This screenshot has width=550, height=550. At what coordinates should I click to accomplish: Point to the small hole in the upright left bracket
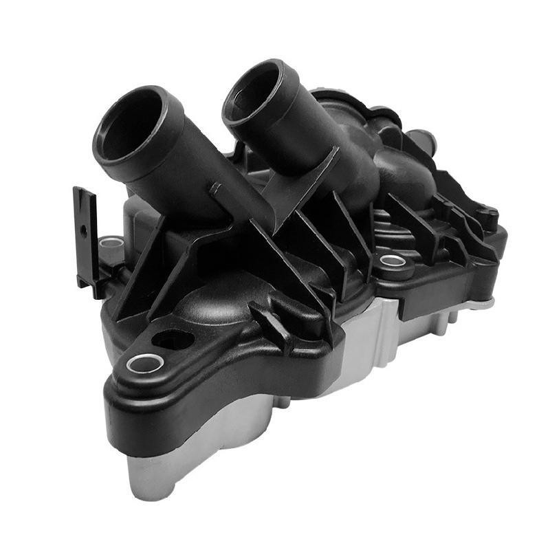coord(82,232)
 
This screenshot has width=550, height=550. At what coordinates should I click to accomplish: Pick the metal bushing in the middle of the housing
coord(393,261)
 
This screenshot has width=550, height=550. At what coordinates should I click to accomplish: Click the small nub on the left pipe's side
coord(215,187)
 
